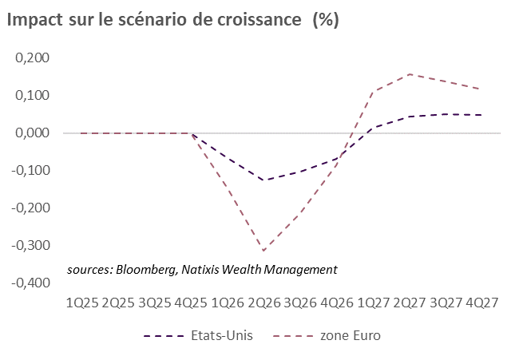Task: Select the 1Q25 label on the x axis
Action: tap(83, 303)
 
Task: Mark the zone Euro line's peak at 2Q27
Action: tap(409, 74)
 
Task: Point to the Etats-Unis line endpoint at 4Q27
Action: tap(481, 115)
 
